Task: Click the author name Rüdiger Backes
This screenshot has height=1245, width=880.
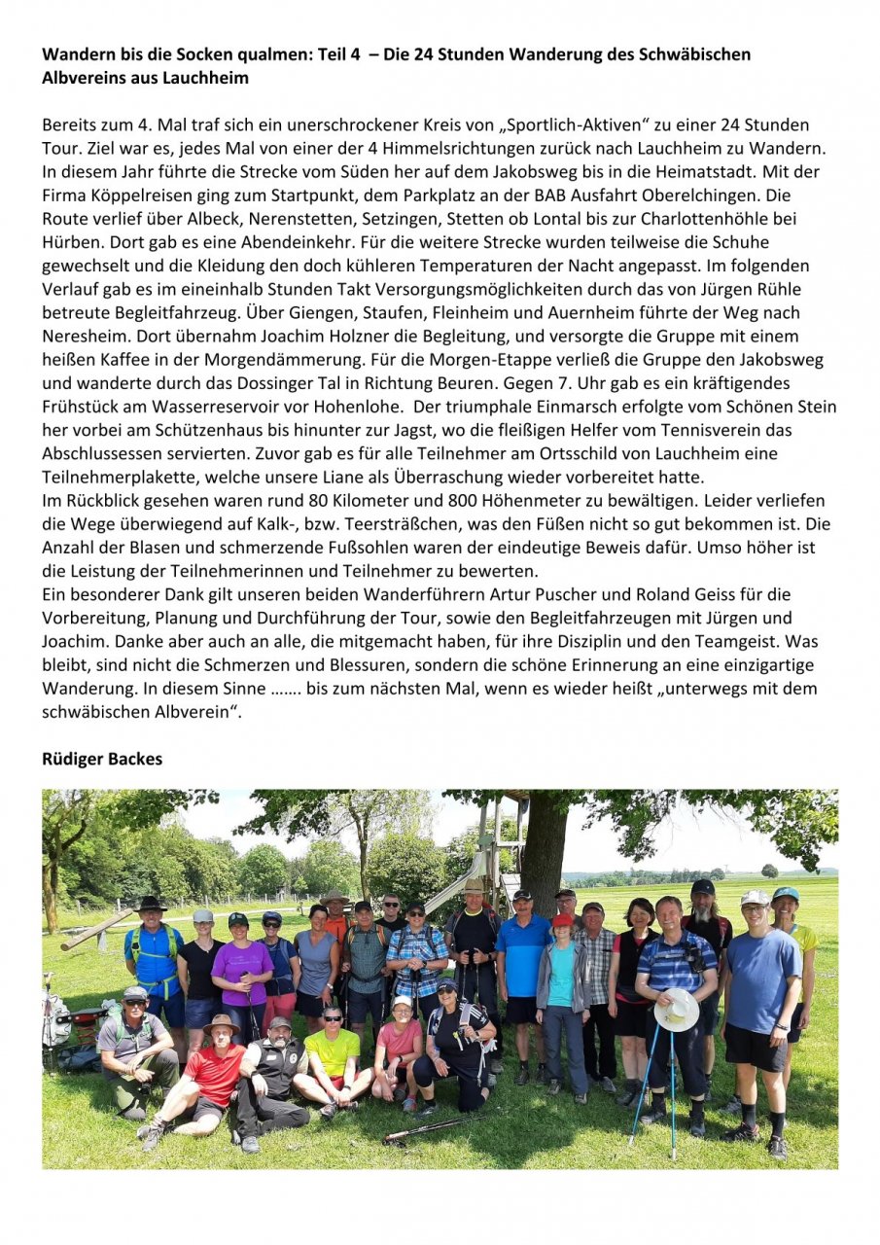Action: pos(102,759)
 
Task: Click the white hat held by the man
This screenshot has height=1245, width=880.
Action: pos(677,1010)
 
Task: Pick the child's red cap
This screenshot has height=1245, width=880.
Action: pos(561,919)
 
